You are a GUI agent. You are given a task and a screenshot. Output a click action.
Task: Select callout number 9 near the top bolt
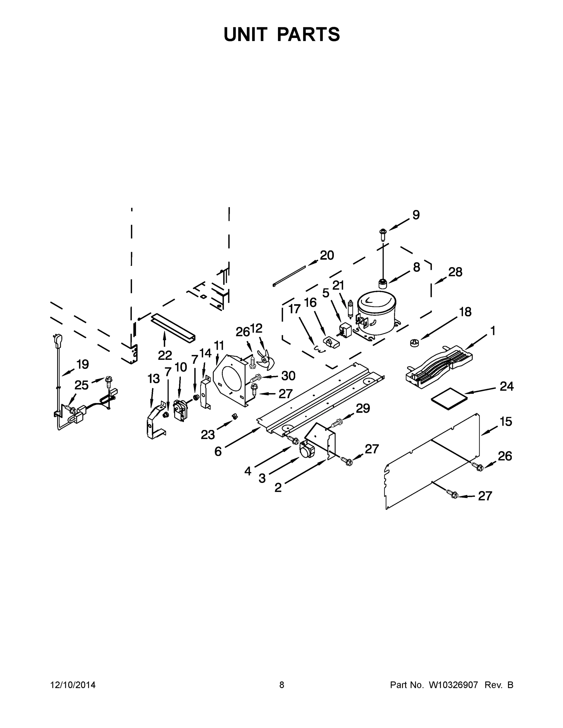point(416,215)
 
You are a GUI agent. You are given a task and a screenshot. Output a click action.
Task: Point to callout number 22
point(165,356)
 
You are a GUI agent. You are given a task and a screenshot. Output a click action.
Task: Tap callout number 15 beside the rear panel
point(506,422)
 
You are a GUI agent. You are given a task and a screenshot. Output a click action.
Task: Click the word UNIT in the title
point(246,34)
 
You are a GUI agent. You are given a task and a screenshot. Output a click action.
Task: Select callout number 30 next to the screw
point(288,376)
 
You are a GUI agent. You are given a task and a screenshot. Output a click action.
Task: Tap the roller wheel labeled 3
point(307,451)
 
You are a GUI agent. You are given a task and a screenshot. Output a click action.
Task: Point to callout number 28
point(455,272)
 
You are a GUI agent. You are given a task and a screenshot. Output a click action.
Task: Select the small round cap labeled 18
point(414,343)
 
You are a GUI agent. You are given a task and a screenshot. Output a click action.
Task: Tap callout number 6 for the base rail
point(218,451)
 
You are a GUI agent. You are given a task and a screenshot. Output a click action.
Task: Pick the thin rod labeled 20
point(289,276)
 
